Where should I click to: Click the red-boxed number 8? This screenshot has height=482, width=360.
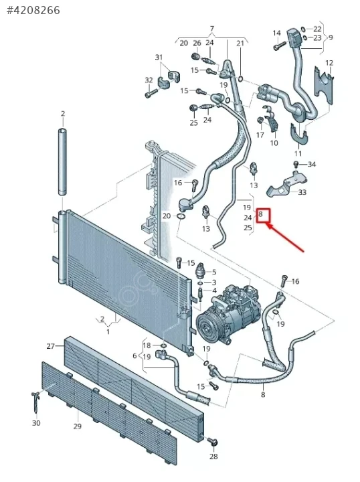(261, 214)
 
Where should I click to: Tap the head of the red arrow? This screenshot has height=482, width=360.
(267, 226)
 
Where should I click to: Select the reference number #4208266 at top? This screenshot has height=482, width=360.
(33, 11)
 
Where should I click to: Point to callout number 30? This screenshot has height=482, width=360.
(36, 423)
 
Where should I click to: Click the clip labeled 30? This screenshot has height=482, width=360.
(36, 401)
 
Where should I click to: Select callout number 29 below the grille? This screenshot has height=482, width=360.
(78, 426)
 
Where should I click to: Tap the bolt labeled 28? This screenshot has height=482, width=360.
(213, 442)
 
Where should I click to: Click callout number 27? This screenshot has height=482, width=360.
(51, 346)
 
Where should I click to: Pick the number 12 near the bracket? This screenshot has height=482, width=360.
(329, 63)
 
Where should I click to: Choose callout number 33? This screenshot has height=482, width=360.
(302, 192)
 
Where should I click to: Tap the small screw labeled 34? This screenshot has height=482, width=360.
(296, 163)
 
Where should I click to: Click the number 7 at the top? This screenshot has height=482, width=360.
(212, 29)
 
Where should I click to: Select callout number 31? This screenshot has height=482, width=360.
(159, 57)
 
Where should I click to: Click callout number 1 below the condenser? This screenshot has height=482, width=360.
(108, 331)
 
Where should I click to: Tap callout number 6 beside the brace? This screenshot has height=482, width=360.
(134, 355)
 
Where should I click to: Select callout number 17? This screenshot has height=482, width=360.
(260, 135)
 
